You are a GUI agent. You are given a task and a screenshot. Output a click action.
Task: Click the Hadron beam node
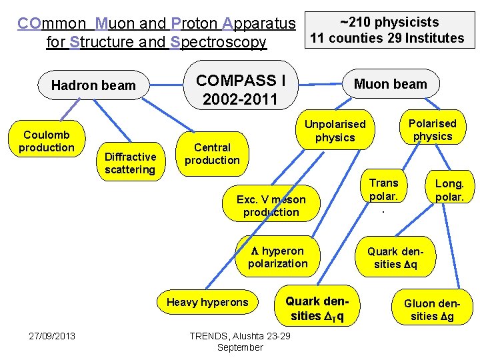(93, 85)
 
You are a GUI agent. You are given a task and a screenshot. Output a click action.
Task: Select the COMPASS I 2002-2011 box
(241, 90)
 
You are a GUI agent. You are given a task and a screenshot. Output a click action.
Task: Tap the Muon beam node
(390, 84)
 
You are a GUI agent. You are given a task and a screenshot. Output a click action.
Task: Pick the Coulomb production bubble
(46, 141)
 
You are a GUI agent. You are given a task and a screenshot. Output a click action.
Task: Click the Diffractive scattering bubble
(130, 163)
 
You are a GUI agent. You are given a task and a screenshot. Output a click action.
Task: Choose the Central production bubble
(212, 153)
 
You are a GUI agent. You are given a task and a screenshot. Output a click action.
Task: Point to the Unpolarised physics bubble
(335, 131)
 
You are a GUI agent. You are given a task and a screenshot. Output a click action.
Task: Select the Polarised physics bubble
(432, 129)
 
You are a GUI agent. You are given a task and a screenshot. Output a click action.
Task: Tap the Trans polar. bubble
(383, 190)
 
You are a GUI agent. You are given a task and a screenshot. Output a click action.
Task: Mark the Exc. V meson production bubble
(271, 205)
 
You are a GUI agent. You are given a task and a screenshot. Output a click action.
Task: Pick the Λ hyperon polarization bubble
(278, 257)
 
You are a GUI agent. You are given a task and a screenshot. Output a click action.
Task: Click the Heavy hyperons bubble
(207, 302)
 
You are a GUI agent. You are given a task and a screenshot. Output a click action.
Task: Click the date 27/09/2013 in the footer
(52, 335)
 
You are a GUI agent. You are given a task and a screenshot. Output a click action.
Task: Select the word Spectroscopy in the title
(217, 43)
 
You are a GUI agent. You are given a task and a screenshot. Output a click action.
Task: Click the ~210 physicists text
(389, 23)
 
